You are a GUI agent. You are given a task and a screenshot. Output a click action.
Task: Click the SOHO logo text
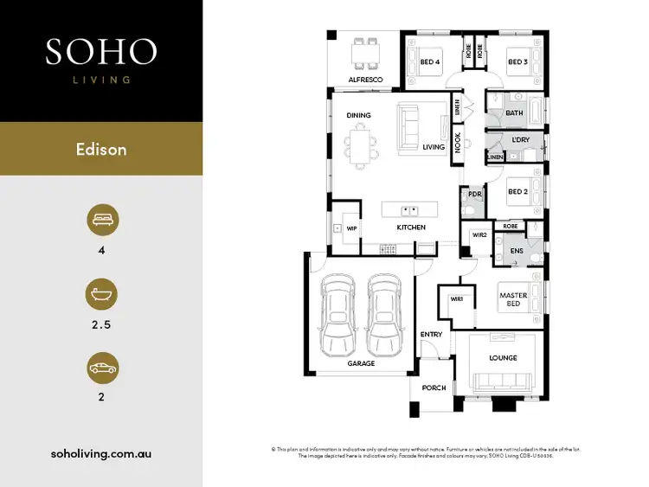(x=101, y=51)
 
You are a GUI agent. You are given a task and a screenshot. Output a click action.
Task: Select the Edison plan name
(x=101, y=149)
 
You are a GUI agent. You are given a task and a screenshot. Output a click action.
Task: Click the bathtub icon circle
(x=101, y=294)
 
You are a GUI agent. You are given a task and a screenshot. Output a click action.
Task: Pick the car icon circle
(x=101, y=368)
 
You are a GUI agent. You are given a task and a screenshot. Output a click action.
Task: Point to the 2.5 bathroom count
(x=101, y=327)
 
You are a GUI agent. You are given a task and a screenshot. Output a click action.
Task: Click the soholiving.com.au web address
(x=101, y=452)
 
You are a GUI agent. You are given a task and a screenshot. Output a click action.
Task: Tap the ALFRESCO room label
(x=365, y=80)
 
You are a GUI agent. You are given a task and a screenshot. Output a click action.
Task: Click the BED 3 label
(x=517, y=62)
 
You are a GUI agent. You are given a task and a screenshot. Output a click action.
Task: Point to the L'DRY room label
(x=519, y=140)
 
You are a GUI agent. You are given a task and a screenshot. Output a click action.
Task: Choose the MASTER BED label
(x=513, y=299)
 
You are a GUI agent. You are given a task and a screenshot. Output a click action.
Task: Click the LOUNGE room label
(x=504, y=357)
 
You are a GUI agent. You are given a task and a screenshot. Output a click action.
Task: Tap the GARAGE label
(x=362, y=363)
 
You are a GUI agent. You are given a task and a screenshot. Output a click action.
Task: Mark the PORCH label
(x=433, y=388)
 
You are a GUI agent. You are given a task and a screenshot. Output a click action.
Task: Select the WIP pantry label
(x=351, y=228)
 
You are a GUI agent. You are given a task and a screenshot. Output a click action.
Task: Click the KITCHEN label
(x=410, y=227)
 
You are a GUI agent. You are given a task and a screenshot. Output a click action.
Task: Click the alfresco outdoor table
(x=365, y=54)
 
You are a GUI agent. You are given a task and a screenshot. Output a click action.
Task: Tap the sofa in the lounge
(x=504, y=379)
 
